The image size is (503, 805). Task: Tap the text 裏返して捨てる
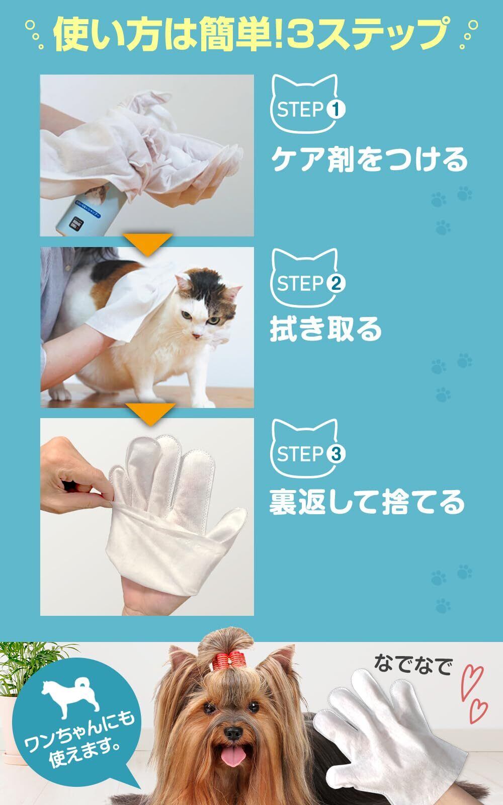367,502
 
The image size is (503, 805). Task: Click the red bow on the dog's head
228,661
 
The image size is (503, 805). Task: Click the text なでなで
412,665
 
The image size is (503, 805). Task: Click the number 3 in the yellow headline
301,33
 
